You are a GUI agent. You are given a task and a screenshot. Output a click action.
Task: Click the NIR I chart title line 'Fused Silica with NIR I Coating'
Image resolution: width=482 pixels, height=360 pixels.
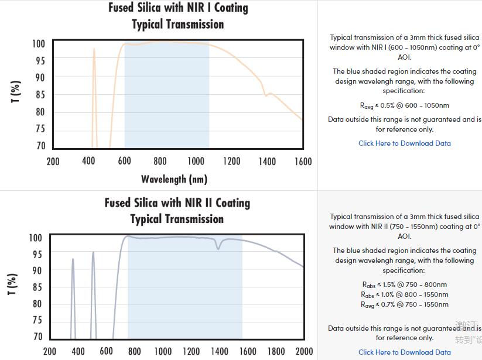click(x=178, y=8)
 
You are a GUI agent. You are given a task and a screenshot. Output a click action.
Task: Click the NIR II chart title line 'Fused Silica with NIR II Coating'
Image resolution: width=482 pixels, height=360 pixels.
click(x=177, y=203)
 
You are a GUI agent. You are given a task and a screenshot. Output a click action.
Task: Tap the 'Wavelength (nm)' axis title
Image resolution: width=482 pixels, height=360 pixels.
click(x=174, y=179)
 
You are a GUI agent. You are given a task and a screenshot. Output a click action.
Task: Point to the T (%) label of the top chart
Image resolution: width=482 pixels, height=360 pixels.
click(x=16, y=91)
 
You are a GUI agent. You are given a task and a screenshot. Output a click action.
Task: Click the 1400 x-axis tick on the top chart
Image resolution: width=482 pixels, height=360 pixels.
click(x=267, y=162)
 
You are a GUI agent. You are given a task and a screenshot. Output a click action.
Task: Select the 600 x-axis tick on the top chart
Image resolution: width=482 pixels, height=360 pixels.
click(x=124, y=162)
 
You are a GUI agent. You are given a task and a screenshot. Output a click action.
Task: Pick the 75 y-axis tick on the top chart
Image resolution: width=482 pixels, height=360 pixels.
click(x=39, y=129)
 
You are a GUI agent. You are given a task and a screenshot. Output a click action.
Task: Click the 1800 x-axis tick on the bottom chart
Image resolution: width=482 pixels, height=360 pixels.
click(x=275, y=351)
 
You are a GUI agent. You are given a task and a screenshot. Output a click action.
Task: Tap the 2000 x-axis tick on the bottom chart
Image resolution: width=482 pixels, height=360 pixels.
click(x=304, y=351)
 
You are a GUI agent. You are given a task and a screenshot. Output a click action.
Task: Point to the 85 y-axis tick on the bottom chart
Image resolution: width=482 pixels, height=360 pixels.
click(x=36, y=287)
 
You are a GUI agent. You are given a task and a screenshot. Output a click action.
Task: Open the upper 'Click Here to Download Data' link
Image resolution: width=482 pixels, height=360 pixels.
click(x=404, y=143)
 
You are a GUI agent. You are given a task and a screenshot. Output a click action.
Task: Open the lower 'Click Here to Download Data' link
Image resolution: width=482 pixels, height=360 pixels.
click(x=404, y=352)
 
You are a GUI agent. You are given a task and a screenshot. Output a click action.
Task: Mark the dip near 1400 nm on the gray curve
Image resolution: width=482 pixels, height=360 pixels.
click(x=218, y=248)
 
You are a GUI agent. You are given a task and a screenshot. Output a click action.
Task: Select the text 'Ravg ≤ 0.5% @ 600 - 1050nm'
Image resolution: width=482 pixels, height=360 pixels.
click(x=404, y=105)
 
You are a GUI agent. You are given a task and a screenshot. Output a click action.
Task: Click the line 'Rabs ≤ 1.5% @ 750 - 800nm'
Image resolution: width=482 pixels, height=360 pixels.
click(x=404, y=284)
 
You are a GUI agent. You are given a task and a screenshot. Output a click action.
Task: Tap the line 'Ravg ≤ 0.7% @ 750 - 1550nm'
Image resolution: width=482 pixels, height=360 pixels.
click(x=404, y=304)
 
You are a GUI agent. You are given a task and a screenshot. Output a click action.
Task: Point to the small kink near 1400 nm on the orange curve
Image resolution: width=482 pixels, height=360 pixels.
click(x=266, y=94)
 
